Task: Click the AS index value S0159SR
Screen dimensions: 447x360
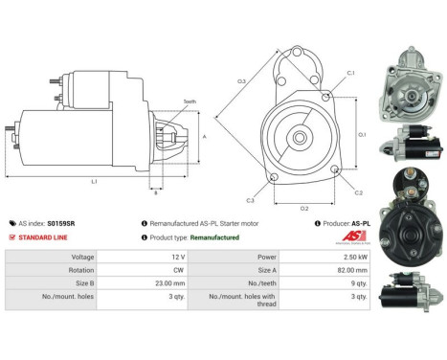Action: (56, 223)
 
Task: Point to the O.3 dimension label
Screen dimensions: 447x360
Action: (243, 80)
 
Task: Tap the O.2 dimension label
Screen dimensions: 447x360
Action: (303, 206)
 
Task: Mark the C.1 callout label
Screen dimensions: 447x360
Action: (350, 73)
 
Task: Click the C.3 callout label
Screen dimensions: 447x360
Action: (251, 200)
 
